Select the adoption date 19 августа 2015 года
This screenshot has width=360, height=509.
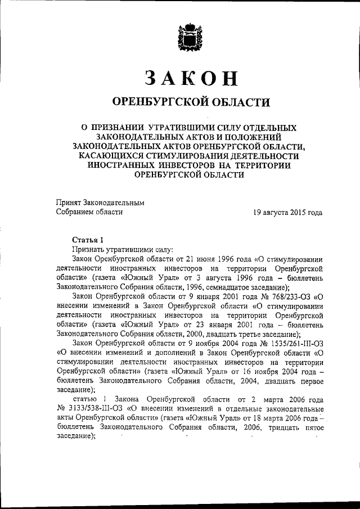[287, 213]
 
